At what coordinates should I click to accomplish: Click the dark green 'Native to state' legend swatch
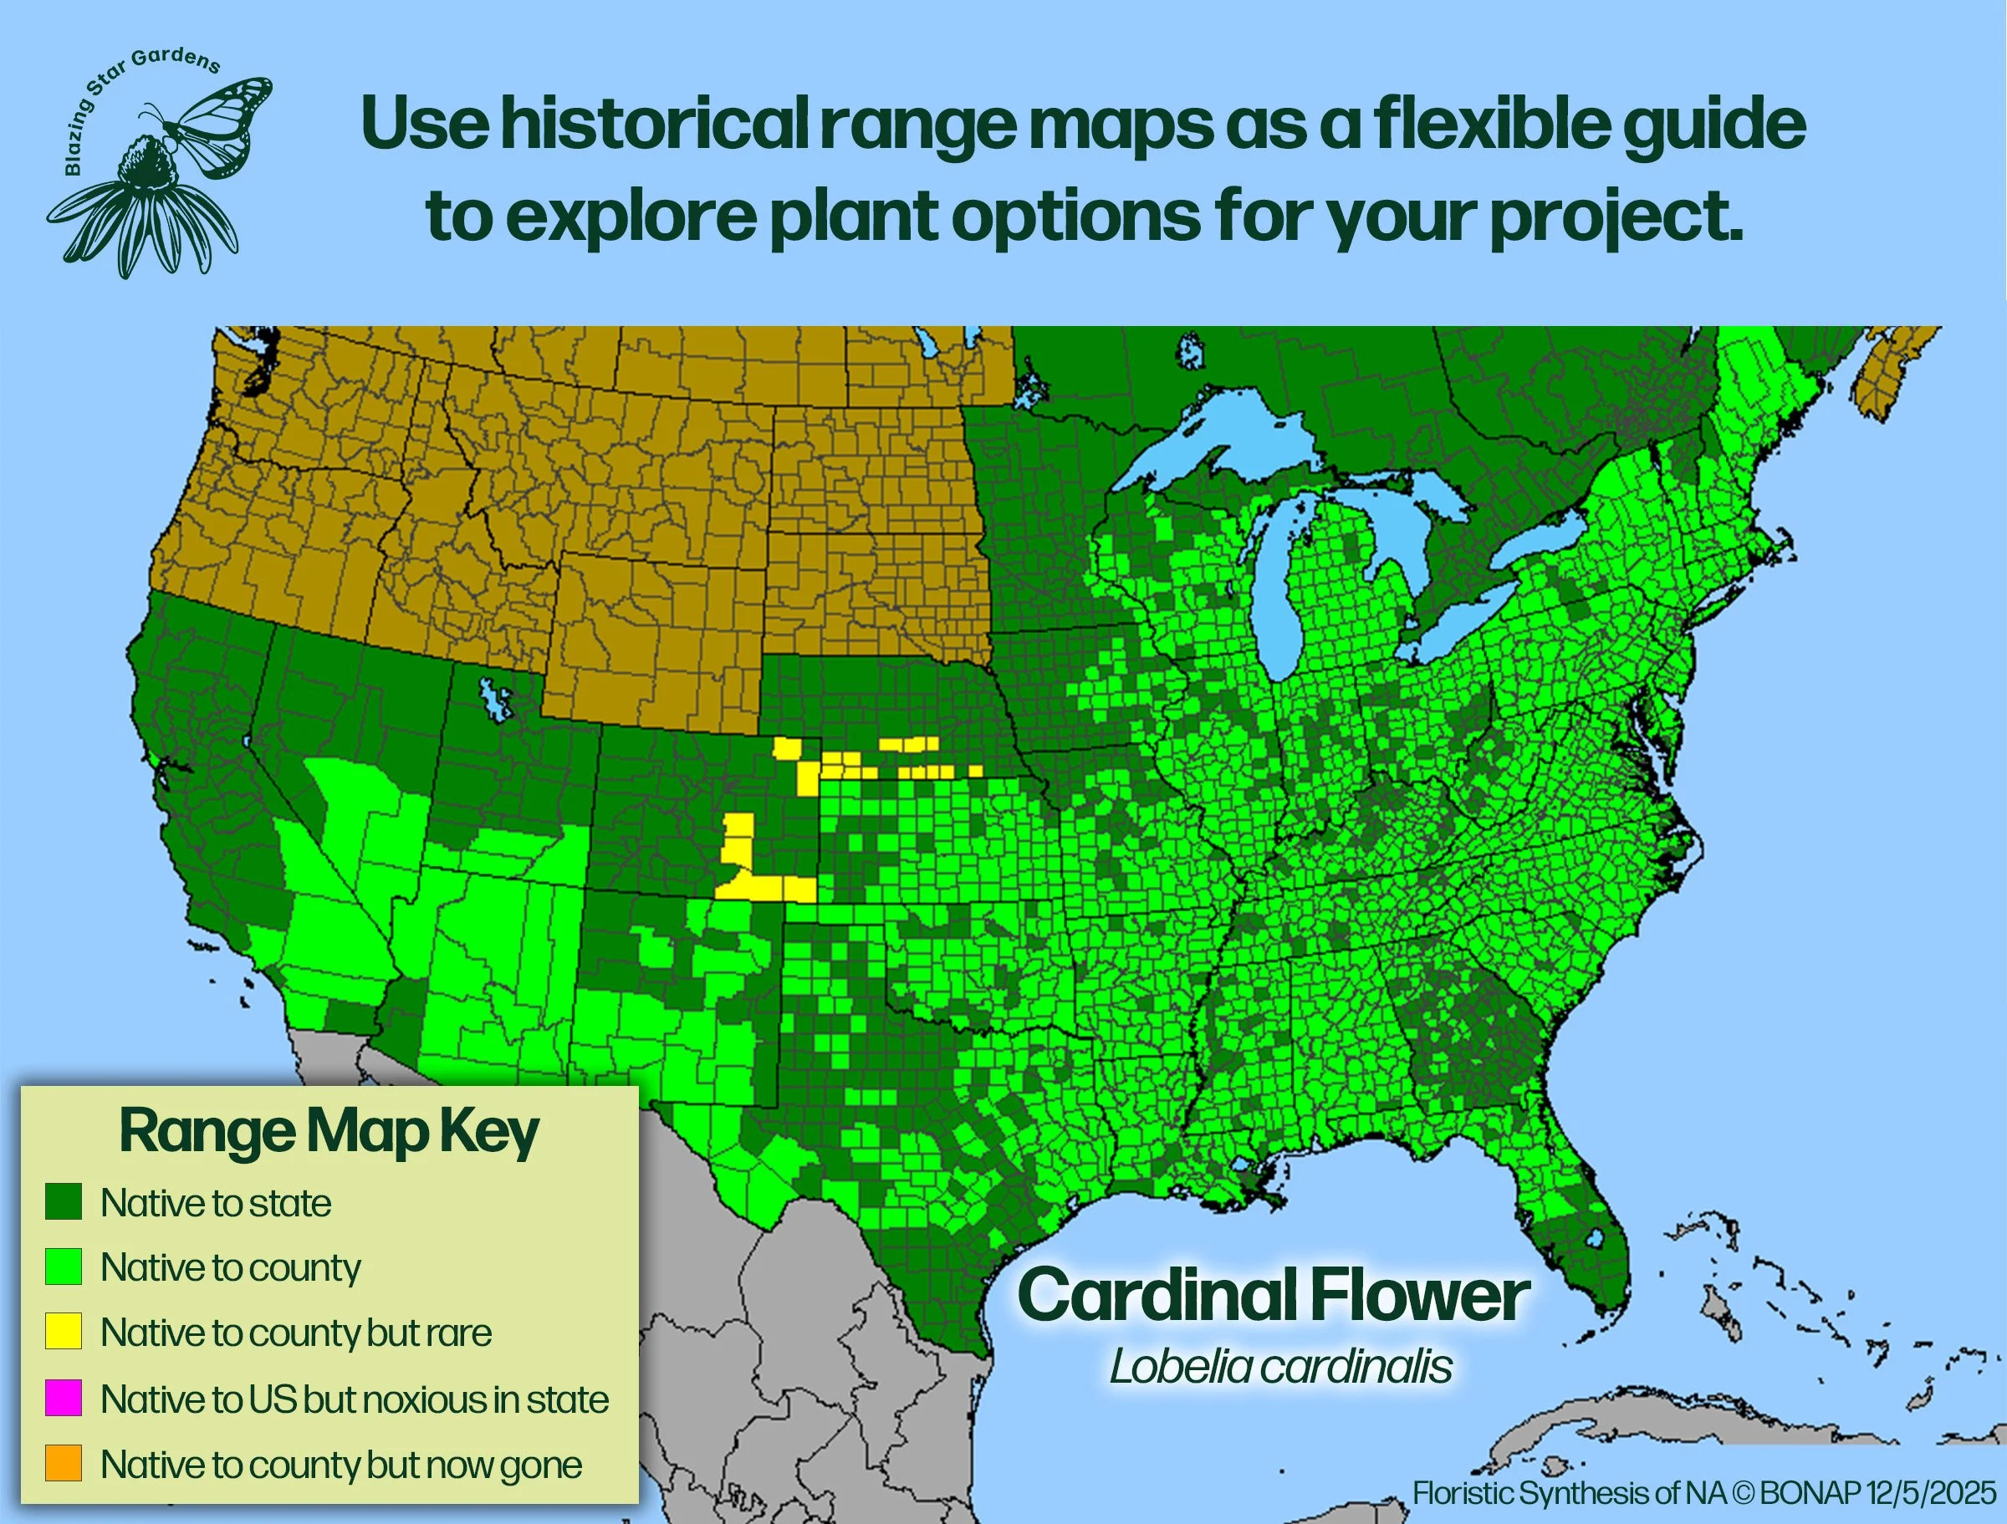tap(64, 1202)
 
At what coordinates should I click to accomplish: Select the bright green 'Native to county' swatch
tap(64, 1267)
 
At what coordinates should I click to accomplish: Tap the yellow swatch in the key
tap(64, 1332)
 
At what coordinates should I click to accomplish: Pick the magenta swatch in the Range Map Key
tap(64, 1398)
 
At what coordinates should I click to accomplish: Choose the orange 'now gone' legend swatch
tap(64, 1463)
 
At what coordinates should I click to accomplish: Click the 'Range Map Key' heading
tap(329, 1132)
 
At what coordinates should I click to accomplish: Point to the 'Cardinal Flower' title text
tap(1274, 1296)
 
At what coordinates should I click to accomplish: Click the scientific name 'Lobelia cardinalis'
tap(1280, 1366)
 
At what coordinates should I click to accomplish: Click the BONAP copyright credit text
tap(1705, 1492)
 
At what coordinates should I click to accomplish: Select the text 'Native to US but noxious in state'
tap(355, 1399)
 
